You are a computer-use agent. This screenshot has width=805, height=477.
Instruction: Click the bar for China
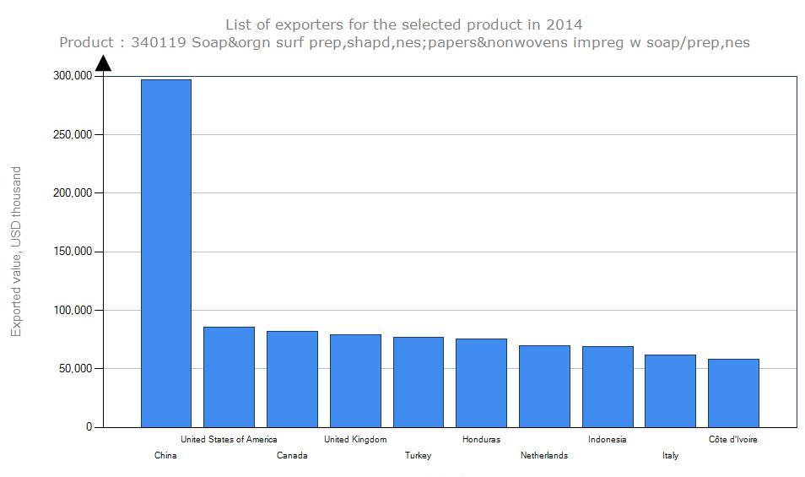tap(165, 253)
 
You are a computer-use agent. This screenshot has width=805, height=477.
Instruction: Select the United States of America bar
tap(229, 377)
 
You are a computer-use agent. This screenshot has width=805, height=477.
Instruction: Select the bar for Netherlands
tap(544, 386)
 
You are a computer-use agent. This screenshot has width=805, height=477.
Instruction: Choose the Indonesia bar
tap(608, 387)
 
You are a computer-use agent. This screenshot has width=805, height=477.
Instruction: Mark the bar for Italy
tap(670, 391)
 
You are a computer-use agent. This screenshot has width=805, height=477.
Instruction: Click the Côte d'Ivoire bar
tap(733, 393)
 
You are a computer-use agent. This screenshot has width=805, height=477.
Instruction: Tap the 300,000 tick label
tap(71, 76)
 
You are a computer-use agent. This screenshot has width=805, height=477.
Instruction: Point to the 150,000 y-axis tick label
tap(71, 252)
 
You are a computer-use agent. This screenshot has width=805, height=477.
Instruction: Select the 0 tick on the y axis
tap(89, 427)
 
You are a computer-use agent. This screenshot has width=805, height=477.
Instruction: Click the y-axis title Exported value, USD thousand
tap(16, 252)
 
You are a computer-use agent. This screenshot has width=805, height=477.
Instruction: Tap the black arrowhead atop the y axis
tap(103, 63)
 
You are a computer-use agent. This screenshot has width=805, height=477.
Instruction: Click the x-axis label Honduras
tap(481, 439)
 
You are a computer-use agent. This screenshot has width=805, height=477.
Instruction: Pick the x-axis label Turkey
tap(418, 455)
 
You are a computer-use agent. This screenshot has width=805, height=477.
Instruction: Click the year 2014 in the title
tap(565, 24)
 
